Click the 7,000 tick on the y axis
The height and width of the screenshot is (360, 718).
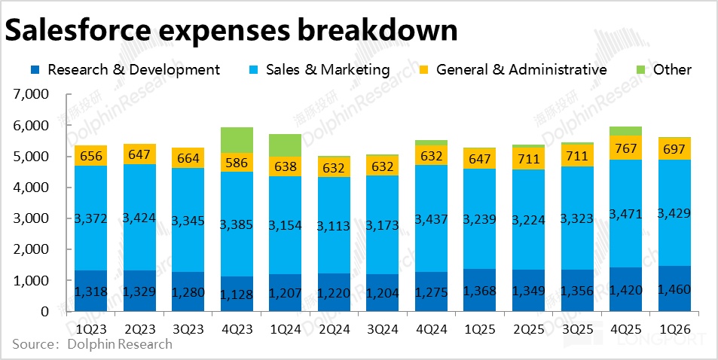(x=31, y=95)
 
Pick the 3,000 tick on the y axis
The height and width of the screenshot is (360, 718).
(x=31, y=218)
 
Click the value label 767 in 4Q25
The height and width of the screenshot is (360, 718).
(x=625, y=148)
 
